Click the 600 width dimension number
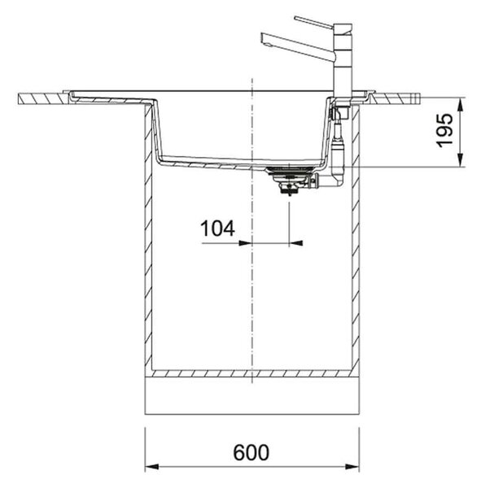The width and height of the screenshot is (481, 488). click(251, 452)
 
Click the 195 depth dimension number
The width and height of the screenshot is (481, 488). click(444, 131)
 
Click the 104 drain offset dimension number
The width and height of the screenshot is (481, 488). click(217, 229)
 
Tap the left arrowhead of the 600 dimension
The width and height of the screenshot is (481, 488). click(151, 467)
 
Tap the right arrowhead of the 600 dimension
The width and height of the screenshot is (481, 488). click(352, 467)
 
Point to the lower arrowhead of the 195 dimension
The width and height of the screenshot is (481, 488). click(461, 160)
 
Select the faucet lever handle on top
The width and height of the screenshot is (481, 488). click(313, 23)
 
